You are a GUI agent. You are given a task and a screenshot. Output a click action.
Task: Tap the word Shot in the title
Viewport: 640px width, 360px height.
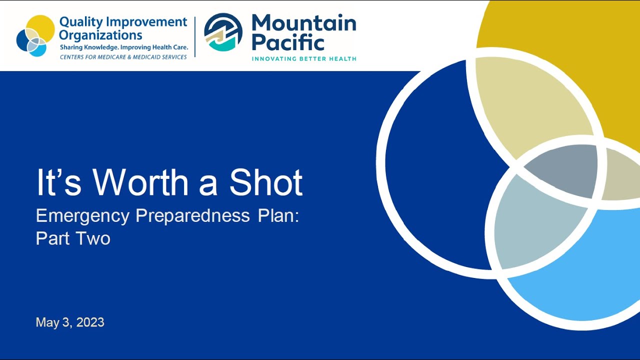(x=266, y=182)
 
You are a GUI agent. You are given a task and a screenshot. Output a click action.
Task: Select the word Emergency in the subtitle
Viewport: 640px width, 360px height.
(x=82, y=216)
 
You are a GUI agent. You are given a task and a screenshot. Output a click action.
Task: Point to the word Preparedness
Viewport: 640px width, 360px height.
(x=192, y=216)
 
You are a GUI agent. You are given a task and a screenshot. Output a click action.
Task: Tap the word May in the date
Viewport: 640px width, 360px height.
(x=47, y=322)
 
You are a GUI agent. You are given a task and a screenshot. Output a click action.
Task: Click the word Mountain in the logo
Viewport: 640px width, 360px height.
(x=304, y=23)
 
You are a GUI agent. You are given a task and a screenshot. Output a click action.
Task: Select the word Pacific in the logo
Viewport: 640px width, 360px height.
(x=288, y=42)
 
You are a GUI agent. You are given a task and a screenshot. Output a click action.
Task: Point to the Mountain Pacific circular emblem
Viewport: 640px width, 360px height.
(x=223, y=32)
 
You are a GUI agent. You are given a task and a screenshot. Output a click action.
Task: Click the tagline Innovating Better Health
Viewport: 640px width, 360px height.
(x=304, y=59)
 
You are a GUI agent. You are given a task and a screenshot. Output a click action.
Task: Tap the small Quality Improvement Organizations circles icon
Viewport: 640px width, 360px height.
(x=35, y=36)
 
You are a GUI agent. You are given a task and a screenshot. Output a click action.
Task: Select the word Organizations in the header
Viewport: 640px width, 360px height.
(x=100, y=35)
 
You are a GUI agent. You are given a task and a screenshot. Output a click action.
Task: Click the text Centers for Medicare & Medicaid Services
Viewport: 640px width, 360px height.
(x=123, y=57)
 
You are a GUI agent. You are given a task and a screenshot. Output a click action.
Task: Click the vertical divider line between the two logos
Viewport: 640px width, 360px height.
(x=195, y=36)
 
